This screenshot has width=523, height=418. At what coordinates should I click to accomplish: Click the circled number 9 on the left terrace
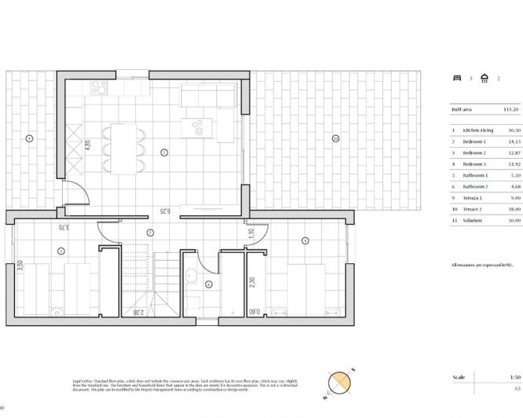click(28, 138)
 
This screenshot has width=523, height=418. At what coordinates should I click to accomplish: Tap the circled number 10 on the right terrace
click(335, 138)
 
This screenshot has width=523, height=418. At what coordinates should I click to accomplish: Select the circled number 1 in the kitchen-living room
click(164, 152)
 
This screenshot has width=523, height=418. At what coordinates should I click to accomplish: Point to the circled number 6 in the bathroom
click(208, 284)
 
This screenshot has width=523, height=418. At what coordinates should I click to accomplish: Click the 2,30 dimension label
click(252, 284)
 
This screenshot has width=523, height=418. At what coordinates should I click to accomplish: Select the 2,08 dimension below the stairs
click(138, 312)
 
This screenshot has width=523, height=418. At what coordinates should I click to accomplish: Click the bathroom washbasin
click(191, 275)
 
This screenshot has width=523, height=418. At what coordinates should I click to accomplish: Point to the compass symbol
click(339, 381)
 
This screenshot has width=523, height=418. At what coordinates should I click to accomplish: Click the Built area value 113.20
click(512, 110)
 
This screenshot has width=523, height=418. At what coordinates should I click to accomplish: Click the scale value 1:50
click(514, 377)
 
